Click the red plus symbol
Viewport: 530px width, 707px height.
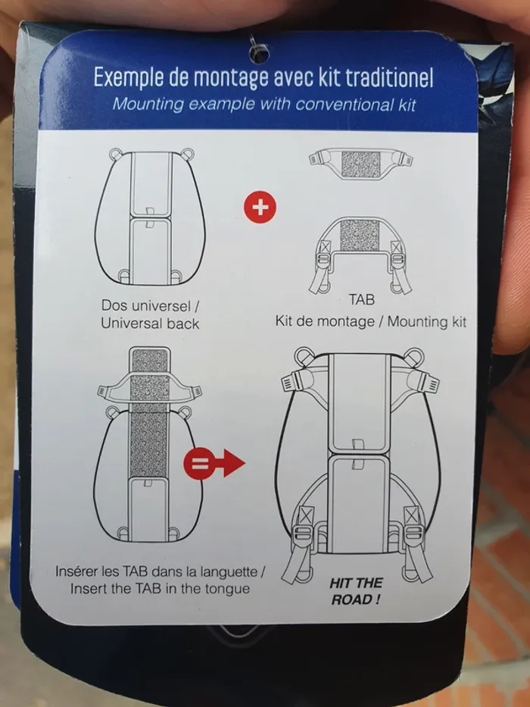pos(260,207)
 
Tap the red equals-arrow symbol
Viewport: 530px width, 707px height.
pos(214,463)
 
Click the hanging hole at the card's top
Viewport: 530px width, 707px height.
pos(260,53)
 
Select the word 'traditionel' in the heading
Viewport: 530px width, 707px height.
pos(389,78)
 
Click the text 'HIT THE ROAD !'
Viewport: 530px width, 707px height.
pos(356,591)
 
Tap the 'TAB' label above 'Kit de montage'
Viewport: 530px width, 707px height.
pos(361,300)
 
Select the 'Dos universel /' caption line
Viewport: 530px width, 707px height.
pos(151,305)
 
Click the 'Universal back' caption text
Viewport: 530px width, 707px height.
pos(150,324)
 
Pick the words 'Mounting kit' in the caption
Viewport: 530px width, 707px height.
pos(427,322)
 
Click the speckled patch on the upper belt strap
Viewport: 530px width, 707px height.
pos(361,164)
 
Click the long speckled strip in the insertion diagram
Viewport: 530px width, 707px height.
pos(149,412)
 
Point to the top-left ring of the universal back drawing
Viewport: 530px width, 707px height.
pos(115,154)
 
